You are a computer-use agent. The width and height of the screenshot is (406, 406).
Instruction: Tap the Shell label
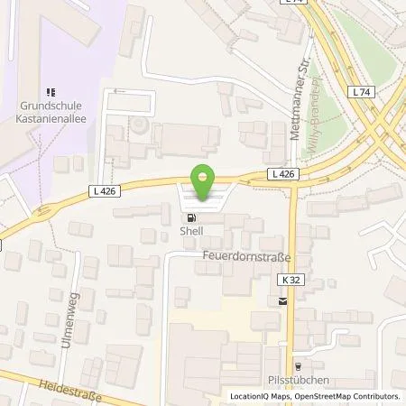pos(191,230)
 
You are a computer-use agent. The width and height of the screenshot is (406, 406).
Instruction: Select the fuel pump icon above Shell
pos(190,217)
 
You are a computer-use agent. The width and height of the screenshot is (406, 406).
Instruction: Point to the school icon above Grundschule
pos(51,91)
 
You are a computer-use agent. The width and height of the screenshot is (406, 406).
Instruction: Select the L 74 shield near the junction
pos(364,92)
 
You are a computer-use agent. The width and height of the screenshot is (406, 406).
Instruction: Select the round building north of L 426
pos(142,125)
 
